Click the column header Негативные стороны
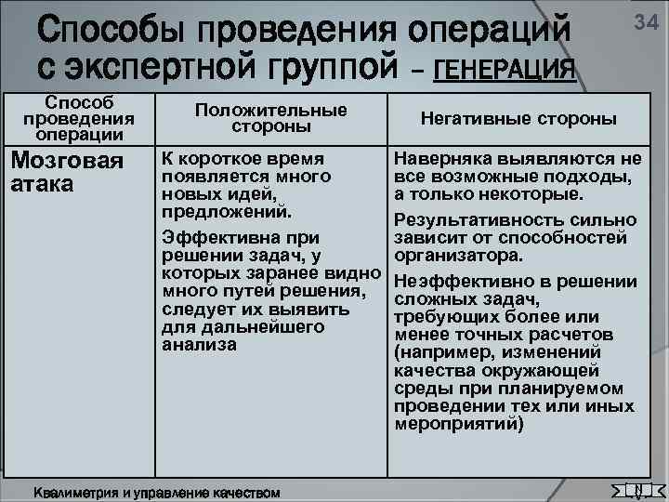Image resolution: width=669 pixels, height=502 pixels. tap(518, 119)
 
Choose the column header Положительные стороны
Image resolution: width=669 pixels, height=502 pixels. tap(270, 117)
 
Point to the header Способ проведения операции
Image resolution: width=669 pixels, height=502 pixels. tap(79, 117)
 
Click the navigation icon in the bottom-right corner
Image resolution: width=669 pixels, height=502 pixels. tap(636, 490)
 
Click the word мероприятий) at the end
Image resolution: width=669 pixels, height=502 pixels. tap(458, 424)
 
